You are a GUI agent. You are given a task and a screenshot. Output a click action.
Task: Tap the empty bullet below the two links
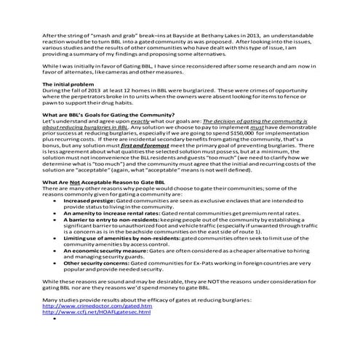click(x=55, y=320)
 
